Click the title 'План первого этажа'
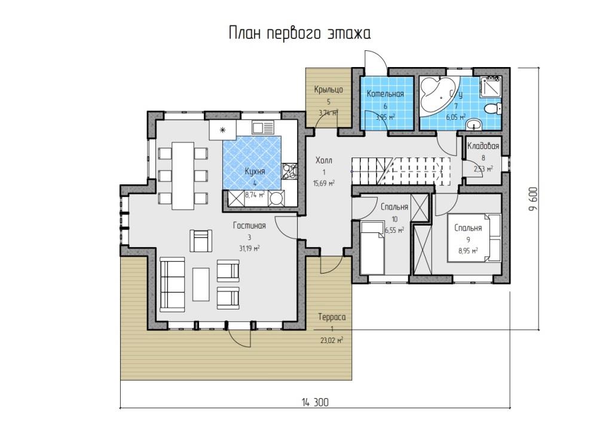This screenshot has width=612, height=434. (299, 34)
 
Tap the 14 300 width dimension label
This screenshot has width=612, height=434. (315, 402)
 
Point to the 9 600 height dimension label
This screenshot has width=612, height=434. (533, 199)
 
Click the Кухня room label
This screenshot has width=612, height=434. (255, 172)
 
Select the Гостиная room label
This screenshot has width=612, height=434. (249, 226)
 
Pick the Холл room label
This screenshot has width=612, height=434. (324, 160)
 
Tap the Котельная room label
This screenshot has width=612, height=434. (385, 94)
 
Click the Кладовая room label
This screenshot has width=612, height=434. (483, 146)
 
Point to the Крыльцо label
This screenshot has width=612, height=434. (329, 90)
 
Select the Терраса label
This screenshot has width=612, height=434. (332, 317)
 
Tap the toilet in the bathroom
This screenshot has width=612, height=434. (492, 108)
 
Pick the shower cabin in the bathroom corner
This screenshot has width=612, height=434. (491, 87)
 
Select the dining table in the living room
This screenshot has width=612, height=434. (183, 175)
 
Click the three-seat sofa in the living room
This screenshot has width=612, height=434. (172, 284)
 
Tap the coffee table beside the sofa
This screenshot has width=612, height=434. (201, 284)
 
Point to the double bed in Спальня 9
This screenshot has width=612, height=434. (475, 237)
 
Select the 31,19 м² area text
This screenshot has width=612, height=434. (249, 248)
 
